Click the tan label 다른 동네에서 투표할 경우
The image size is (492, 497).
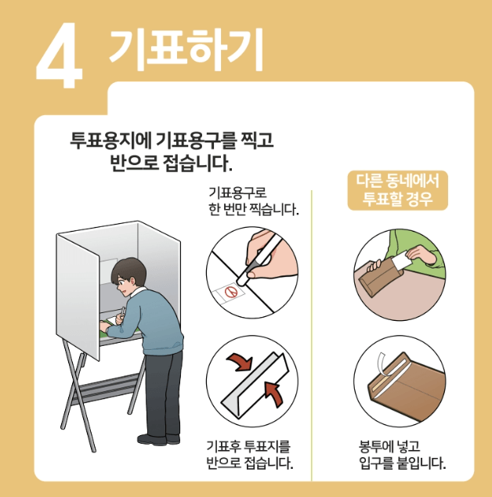tap(397, 190)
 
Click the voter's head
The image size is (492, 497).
tap(128, 273)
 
